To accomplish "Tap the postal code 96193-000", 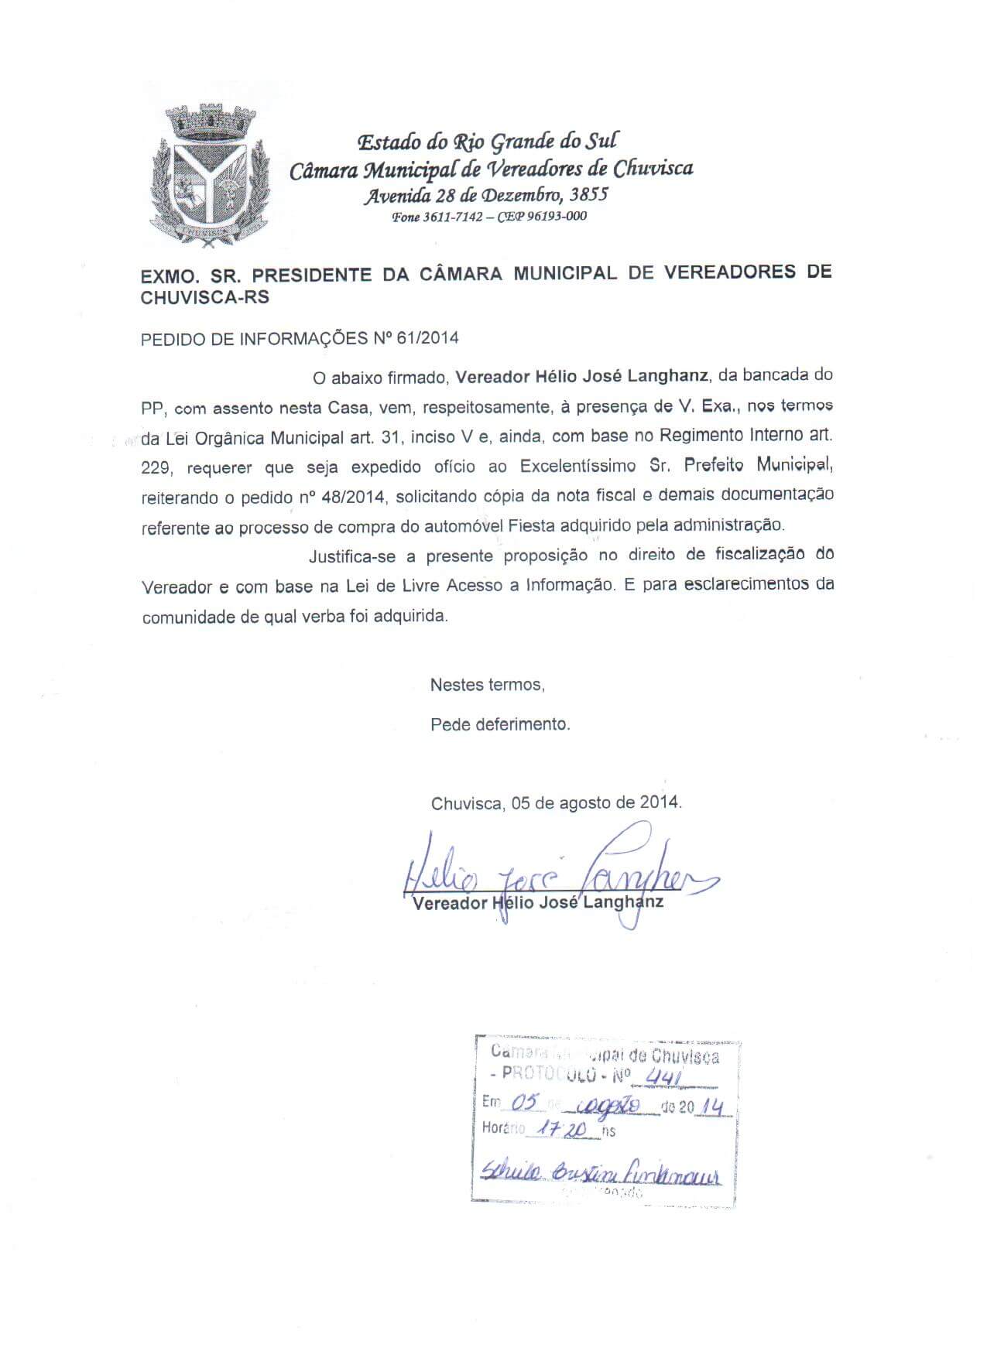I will point(557,217).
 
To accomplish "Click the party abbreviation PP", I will point(153,408).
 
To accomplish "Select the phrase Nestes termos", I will point(487,685).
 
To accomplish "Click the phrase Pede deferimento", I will point(500,725).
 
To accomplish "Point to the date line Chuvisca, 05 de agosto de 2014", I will point(557,802).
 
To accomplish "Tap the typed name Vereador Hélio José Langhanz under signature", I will point(538,902).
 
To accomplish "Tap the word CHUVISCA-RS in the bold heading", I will point(205,298).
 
